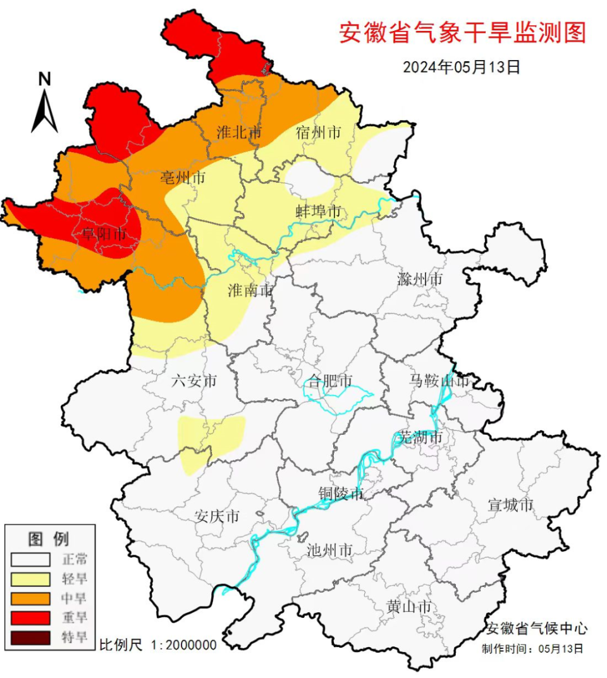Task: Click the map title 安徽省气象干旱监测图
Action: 462,32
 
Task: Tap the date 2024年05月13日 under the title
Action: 462,67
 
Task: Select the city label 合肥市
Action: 330,381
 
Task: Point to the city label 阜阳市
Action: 103,234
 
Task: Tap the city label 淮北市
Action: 238,133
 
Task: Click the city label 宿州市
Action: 319,133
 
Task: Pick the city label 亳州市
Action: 183,178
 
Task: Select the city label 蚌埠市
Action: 319,211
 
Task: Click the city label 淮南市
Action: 250,290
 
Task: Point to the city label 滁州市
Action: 420,279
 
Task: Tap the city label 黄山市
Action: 409,607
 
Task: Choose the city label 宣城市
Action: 511,505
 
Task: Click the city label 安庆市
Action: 217,516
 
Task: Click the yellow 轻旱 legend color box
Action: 30,578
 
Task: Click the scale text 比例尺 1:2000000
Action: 158,645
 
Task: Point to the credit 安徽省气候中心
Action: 536,628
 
